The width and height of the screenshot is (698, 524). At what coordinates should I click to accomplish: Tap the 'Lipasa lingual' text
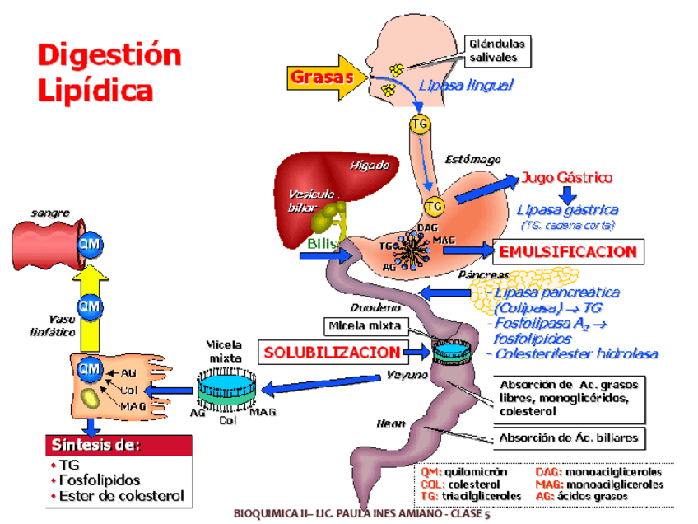(x=466, y=85)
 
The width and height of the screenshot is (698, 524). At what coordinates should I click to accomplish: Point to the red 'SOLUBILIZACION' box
(x=333, y=353)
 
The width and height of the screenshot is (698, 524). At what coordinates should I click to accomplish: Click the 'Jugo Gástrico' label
(x=566, y=178)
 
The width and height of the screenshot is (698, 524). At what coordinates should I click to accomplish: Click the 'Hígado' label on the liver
(x=369, y=165)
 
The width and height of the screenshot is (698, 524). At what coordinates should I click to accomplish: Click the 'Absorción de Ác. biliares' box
(x=569, y=438)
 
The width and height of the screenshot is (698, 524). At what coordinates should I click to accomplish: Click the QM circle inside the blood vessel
(x=88, y=244)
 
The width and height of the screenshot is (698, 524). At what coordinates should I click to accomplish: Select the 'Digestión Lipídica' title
(x=109, y=72)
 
